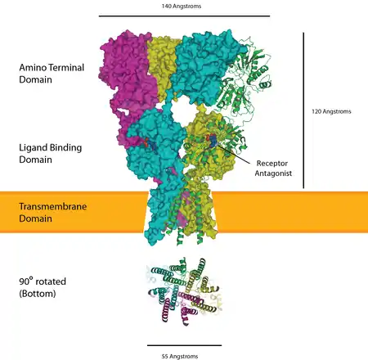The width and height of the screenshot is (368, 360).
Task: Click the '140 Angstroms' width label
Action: [182, 6]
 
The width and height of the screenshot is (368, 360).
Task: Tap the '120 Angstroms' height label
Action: [331, 111]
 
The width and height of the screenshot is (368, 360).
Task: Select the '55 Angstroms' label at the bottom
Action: [180, 356]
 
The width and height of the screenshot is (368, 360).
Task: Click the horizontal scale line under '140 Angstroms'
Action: [184, 16]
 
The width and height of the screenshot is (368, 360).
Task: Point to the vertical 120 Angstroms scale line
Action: [303, 110]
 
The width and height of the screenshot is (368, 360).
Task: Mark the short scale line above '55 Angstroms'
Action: [184, 345]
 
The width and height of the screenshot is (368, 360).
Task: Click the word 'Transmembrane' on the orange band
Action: [53, 206]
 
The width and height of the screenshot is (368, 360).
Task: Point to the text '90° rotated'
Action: [43, 281]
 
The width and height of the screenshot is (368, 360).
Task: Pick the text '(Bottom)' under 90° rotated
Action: [38, 294]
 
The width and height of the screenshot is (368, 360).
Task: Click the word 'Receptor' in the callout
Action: [272, 164]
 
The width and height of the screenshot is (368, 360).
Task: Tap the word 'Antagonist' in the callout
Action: [273, 173]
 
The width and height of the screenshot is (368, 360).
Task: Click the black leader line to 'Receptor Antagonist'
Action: [233, 154]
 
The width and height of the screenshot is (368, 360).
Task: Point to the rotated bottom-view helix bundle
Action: [185, 291]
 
